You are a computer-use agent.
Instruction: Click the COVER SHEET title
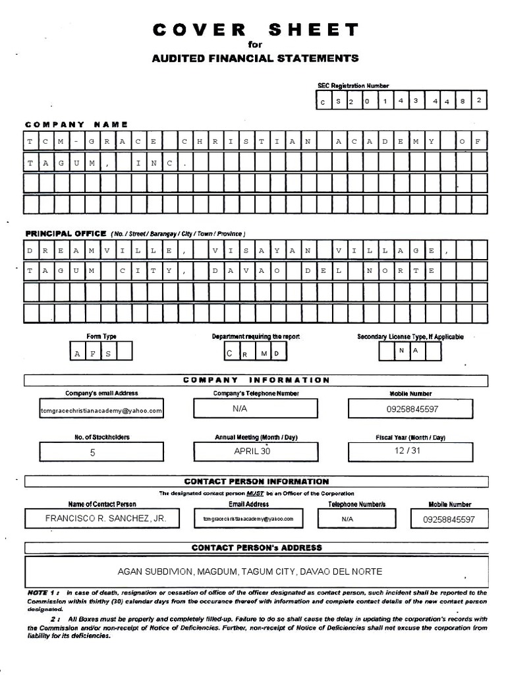tap(256, 30)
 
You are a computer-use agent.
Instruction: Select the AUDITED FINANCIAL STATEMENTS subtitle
tap(256, 58)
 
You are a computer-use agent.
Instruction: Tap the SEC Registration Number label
tap(353, 86)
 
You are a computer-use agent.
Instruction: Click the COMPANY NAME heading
tap(76, 124)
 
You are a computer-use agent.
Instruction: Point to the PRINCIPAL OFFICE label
tap(66, 233)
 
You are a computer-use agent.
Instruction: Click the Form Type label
tap(101, 336)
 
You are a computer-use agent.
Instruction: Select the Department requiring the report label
tap(256, 336)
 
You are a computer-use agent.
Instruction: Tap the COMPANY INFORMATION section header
tap(256, 380)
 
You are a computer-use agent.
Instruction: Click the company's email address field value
tap(101, 409)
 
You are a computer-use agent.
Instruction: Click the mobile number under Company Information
tap(412, 409)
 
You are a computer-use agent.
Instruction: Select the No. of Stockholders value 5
tap(92, 453)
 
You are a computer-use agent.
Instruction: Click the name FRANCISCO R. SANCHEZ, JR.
tap(105, 519)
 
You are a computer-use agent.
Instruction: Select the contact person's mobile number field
tap(449, 519)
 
